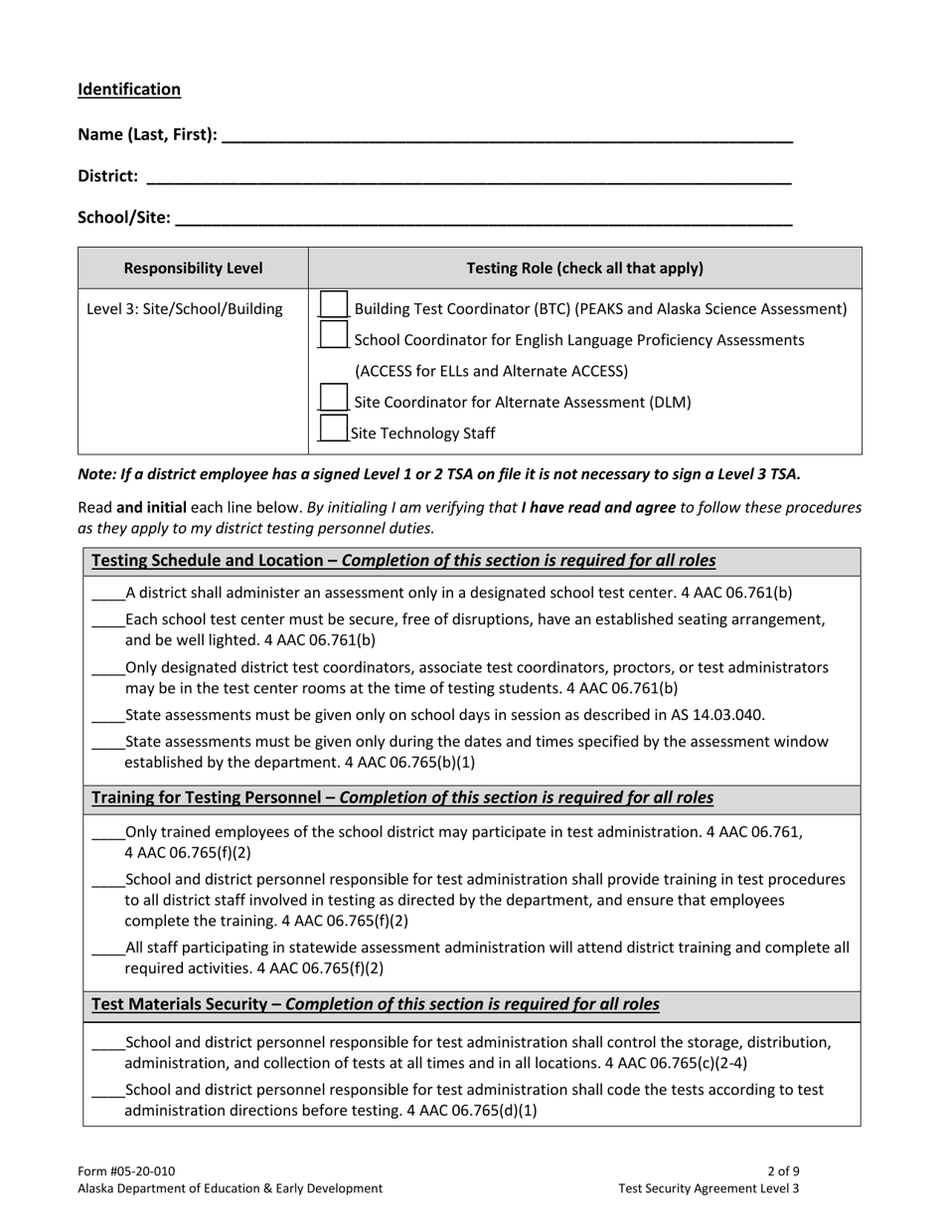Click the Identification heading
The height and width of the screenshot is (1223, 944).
coord(129,89)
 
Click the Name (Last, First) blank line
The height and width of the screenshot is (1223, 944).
coord(507,137)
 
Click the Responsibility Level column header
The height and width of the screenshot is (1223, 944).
coord(193,267)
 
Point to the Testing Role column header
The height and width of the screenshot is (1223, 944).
coord(584,267)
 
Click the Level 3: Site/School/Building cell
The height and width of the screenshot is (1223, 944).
coord(185,309)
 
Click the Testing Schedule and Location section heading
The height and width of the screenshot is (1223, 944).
coord(402,561)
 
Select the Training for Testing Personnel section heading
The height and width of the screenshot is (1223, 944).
coord(401,797)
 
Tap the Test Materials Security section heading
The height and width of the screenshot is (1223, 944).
coord(375,1004)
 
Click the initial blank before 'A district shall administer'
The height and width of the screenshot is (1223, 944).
coord(107,595)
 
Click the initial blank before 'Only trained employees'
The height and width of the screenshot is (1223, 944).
coord(107,834)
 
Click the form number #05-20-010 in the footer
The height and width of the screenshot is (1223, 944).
coord(126,1171)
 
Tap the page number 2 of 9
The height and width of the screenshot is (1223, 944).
coord(783,1171)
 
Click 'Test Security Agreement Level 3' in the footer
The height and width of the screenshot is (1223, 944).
coord(708,1188)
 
